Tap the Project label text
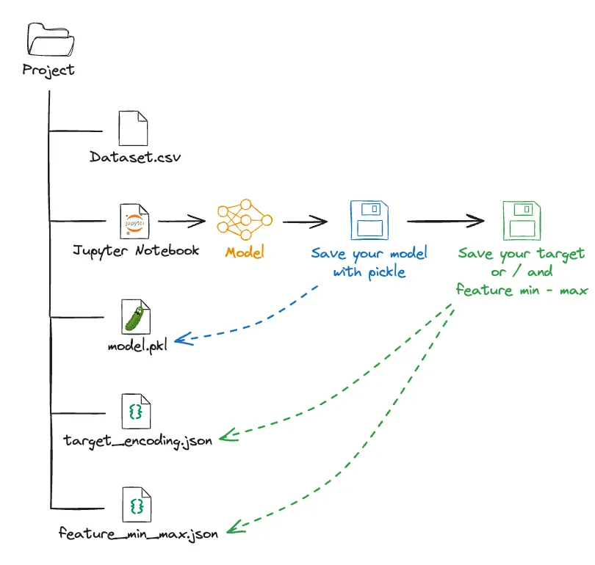(48, 70)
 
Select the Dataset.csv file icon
(133, 128)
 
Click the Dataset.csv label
(135, 157)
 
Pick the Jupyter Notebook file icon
(134, 221)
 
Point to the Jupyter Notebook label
(136, 250)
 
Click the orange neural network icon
(245, 219)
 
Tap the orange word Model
(245, 252)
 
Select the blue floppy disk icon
(369, 219)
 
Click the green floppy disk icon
(521, 220)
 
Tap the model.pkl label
(137, 346)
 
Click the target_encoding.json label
(138, 441)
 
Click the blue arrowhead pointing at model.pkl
(182, 338)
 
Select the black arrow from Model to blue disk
(305, 221)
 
